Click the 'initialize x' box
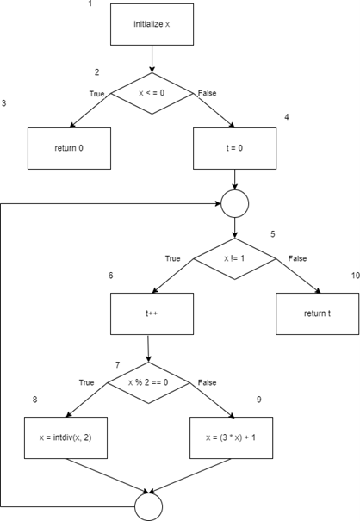click(x=152, y=25)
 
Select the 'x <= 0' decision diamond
click(x=152, y=93)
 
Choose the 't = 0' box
click(x=234, y=148)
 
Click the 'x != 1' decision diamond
click(x=234, y=258)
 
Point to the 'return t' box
click(x=316, y=313)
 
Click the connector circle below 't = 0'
click(x=234, y=203)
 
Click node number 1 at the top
click(x=90, y=4)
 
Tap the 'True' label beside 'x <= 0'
click(x=96, y=93)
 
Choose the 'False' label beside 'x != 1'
click(x=296, y=257)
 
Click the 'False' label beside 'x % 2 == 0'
click(x=207, y=381)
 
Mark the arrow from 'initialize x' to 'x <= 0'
click(x=152, y=59)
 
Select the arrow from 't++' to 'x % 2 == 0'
click(x=151, y=348)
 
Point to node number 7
click(x=118, y=365)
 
